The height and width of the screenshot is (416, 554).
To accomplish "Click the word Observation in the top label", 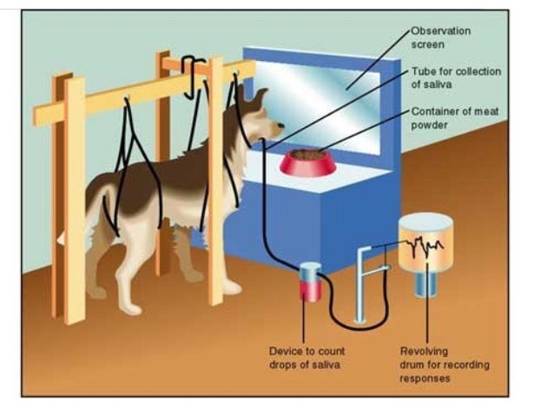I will [x=441, y=30].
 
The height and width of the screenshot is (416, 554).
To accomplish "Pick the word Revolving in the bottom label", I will [x=424, y=351].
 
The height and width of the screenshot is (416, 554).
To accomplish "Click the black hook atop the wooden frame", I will [x=193, y=69].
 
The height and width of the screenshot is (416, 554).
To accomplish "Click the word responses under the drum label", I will [x=425, y=379].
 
